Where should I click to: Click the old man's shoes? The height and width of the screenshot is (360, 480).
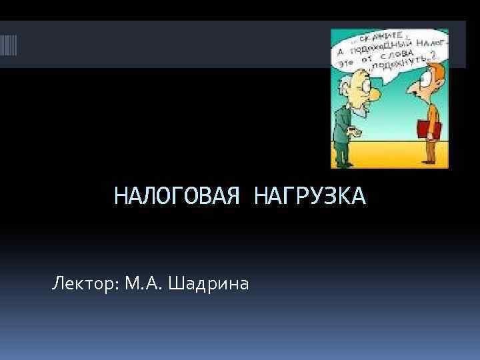coord(345,163)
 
